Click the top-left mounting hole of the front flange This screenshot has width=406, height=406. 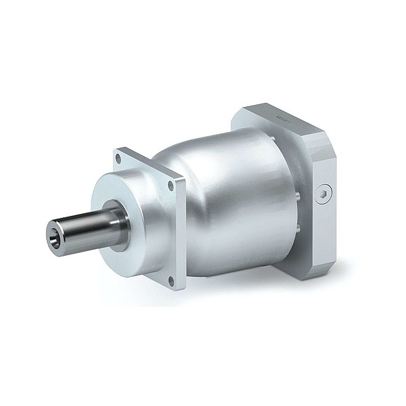pos(119,159)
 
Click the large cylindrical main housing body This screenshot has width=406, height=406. pos(237,203)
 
